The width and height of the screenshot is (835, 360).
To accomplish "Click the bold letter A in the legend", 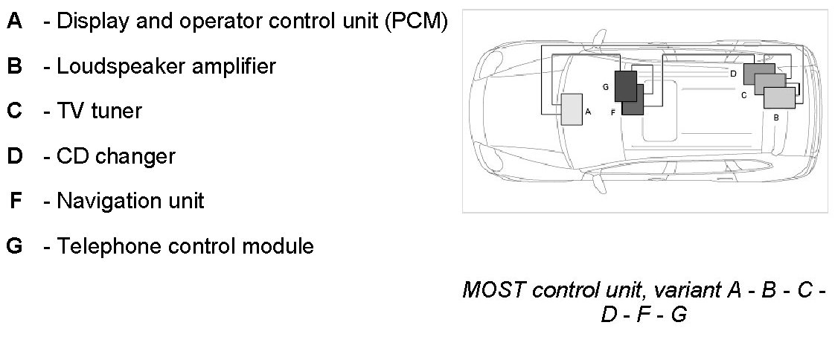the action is coord(14,22).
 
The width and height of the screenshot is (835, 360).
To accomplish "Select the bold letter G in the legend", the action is coord(14,245).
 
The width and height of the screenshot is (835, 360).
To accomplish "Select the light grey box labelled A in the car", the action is coord(572,109).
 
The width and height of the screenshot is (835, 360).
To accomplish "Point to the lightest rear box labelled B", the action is coord(779,98).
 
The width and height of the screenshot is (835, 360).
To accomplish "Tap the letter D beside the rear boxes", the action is coord(733,74).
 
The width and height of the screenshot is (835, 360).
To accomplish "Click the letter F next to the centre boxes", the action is coord(612,112).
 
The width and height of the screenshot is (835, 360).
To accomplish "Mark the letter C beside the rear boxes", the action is coord(743,95).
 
